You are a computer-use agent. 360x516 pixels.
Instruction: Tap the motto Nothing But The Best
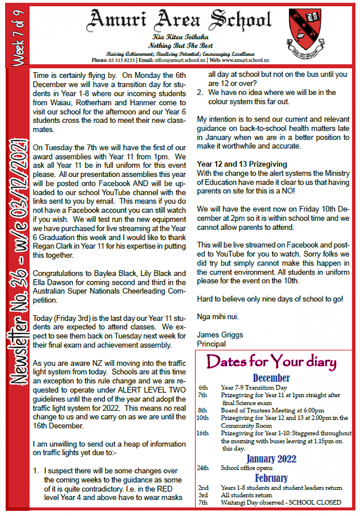178,45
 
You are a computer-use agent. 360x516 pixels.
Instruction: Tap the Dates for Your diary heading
271,361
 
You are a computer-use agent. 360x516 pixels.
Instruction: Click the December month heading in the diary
271,378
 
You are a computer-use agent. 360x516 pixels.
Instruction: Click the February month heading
271,478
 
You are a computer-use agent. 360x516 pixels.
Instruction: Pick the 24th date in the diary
203,468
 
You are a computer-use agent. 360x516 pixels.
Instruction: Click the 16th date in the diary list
203,433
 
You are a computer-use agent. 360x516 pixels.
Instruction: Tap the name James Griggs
220,334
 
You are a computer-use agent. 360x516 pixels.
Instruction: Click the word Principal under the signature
212,343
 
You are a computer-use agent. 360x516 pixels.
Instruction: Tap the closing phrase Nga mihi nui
218,316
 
